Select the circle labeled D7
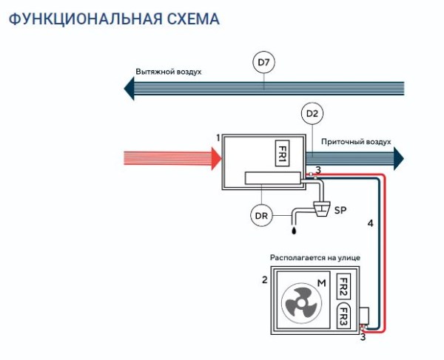click(263, 64)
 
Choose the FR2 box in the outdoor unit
click(343, 286)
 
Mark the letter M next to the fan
click(322, 283)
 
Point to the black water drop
click(294, 231)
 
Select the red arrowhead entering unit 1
click(215, 157)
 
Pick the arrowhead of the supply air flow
click(398, 157)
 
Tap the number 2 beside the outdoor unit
click(264, 280)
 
